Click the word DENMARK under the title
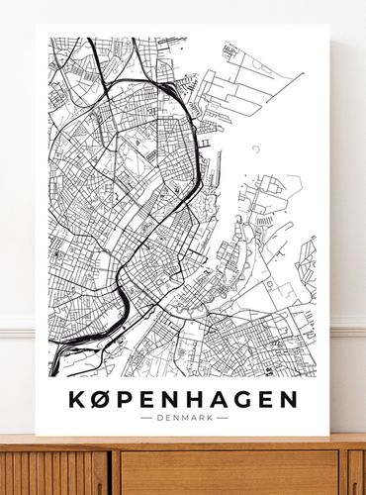point(184,418)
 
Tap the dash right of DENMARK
point(223,418)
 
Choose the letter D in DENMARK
point(160,418)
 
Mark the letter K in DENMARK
point(208,418)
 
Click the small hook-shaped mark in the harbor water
point(256,149)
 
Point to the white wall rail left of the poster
point(17,328)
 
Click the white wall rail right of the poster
point(347,328)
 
